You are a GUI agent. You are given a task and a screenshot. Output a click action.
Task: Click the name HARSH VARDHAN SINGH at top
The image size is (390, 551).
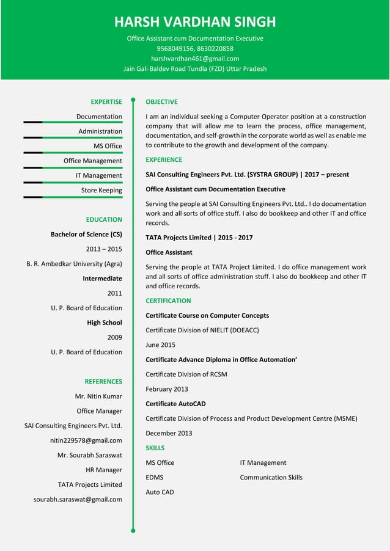tap(195, 23)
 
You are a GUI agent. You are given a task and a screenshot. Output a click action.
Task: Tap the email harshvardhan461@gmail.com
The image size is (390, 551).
tap(195, 59)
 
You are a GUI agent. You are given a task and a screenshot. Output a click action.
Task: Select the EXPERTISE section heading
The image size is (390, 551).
tap(106, 102)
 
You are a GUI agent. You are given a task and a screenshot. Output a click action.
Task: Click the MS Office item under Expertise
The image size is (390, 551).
tap(108, 146)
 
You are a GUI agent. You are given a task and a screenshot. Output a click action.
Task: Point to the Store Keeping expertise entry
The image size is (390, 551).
tap(101, 190)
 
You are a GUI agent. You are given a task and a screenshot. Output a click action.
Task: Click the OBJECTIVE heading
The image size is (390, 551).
tap(161, 102)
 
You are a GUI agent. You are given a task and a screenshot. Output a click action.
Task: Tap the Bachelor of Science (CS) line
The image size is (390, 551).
tap(86, 234)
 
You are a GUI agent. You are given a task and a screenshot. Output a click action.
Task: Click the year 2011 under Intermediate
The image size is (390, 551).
tap(114, 293)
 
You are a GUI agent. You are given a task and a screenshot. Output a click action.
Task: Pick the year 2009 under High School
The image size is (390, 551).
tap(114, 337)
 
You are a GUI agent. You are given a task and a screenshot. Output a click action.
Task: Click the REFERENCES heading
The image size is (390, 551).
tap(103, 382)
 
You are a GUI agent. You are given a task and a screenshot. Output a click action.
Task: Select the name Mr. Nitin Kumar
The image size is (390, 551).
tap(98, 396)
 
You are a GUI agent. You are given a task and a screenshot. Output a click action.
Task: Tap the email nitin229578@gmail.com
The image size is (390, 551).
tap(86, 440)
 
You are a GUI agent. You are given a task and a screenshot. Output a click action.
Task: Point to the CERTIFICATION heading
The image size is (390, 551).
tap(168, 301)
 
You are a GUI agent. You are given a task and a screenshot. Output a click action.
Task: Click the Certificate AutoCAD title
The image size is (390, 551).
tap(175, 404)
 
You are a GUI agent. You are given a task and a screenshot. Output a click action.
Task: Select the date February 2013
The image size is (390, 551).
tap(166, 389)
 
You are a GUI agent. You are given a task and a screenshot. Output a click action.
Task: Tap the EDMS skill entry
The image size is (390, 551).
tap(154, 477)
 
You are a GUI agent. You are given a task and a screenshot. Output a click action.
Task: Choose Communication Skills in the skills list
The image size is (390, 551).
tap(271, 477)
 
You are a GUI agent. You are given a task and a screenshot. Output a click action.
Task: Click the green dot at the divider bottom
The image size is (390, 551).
tap(133, 531)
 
